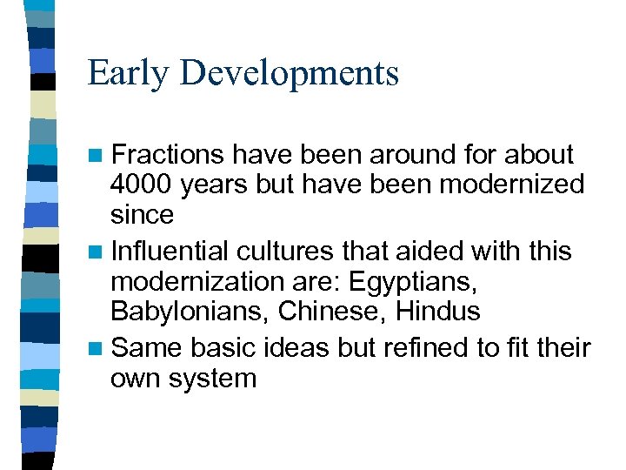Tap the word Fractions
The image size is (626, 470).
pos(167,155)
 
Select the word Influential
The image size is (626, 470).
pos(169,251)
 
